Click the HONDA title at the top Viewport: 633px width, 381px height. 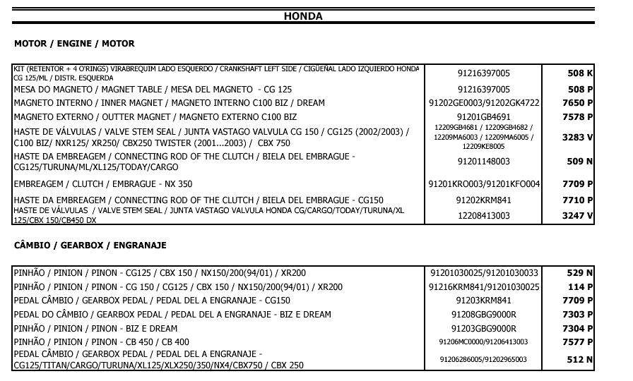303,16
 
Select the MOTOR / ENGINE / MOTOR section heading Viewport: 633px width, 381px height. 74,44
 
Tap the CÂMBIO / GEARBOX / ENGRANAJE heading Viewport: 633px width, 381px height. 90,246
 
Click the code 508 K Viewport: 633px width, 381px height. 580,73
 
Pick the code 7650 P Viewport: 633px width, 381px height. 577,103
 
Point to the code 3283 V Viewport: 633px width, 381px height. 577,138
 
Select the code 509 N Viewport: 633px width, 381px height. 580,162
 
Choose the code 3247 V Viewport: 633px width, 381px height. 577,216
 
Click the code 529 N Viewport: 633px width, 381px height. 580,273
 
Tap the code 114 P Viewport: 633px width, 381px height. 580,287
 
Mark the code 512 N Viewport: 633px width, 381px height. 580,360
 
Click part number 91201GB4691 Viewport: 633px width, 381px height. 484,117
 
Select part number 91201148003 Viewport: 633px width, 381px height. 484,162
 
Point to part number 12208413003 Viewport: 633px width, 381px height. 484,216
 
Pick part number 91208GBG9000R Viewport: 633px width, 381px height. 484,315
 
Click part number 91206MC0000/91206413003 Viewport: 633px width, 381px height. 484,342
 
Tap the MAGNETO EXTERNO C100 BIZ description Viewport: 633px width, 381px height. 155,117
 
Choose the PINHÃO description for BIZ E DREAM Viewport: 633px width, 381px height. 95,329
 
